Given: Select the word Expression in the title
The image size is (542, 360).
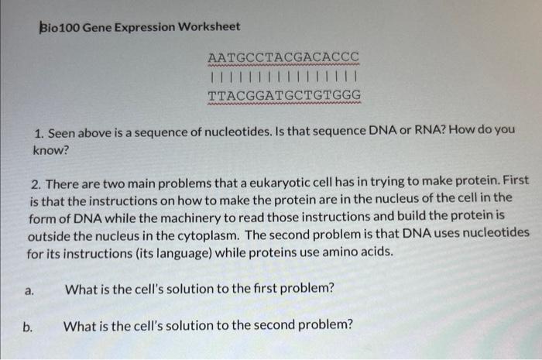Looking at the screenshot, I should click(146, 27).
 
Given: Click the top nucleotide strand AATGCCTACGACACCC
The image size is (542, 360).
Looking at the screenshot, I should click(283, 58).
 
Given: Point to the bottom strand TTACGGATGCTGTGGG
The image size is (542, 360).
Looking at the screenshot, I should click(283, 96).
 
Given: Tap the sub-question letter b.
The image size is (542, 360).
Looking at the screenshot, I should click(28, 326).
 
